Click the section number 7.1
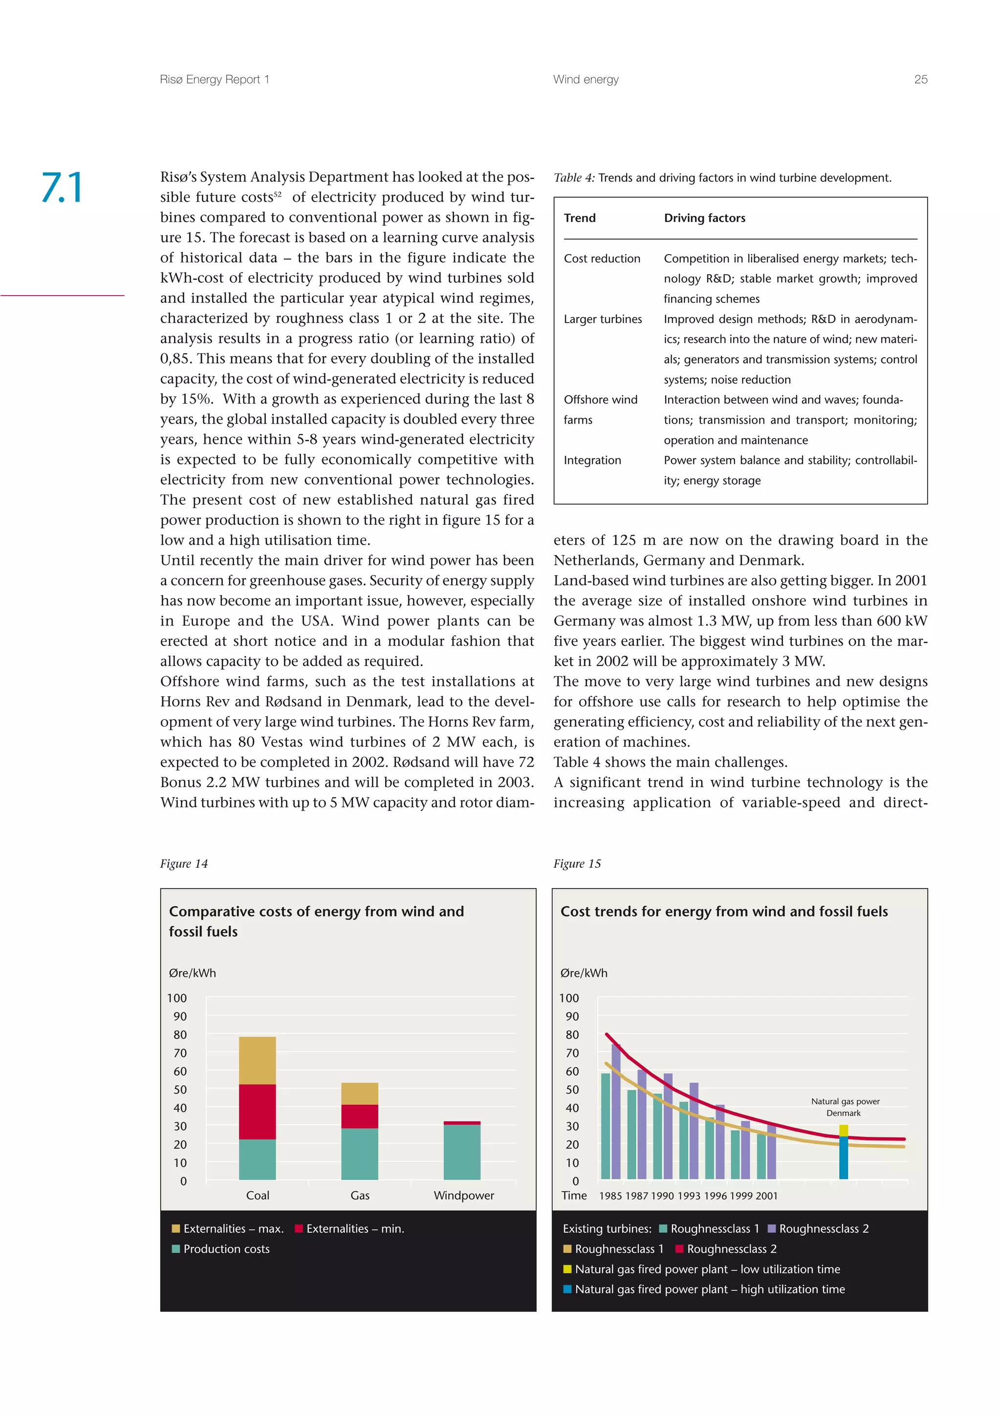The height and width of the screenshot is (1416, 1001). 62,188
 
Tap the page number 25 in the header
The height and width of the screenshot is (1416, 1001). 920,80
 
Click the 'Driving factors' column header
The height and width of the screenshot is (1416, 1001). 704,218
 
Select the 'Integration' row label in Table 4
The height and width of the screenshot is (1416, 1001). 592,461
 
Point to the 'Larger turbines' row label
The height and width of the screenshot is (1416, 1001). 603,320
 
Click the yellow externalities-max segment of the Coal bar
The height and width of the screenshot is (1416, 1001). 257,1060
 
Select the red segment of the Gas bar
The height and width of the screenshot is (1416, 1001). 360,1116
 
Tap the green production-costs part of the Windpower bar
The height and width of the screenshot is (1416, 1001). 462,1152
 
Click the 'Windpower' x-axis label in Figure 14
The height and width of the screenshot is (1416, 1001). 464,1195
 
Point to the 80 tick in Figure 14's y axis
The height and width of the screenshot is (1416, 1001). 179,1035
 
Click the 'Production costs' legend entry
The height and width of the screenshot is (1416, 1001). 226,1249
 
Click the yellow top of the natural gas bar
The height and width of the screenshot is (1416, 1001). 843,1131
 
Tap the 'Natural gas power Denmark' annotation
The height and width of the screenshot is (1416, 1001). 844,1107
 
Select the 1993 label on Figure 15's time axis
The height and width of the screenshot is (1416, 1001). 688,1196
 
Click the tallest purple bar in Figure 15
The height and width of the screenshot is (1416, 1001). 615,1110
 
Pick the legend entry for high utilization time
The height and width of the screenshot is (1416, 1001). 709,1289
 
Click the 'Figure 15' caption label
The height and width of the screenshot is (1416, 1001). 577,864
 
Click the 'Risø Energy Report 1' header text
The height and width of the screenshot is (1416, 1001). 214,80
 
